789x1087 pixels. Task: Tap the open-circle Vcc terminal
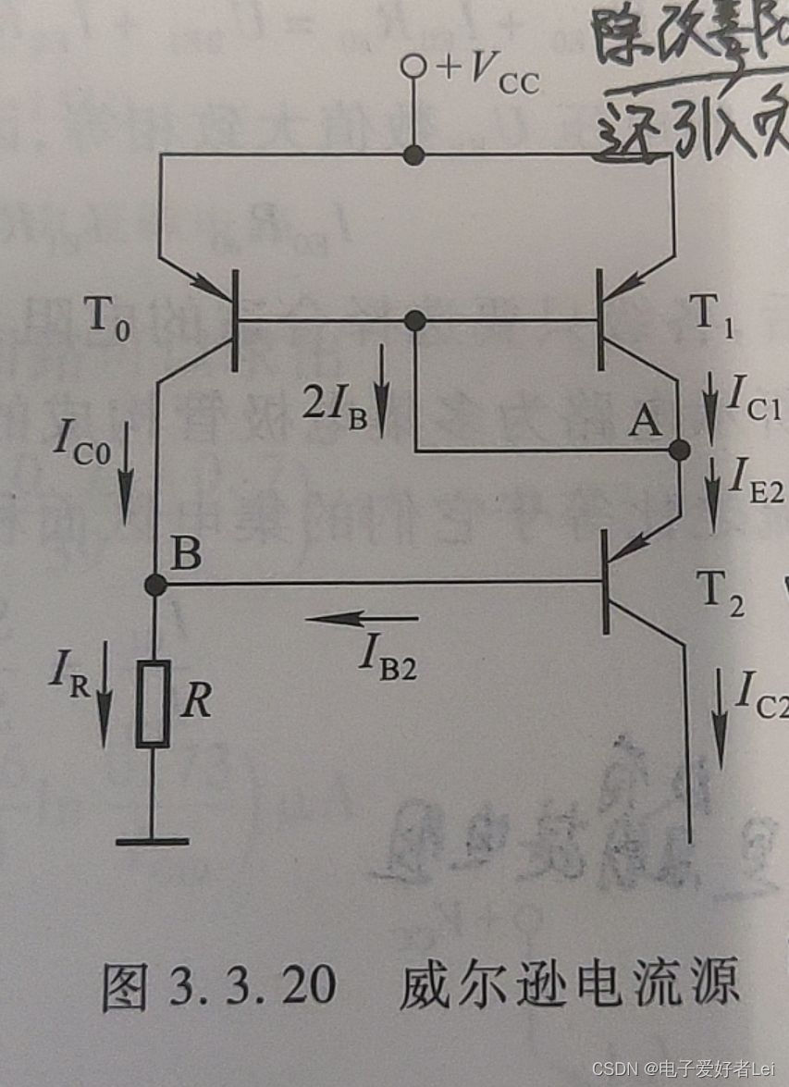click(415, 67)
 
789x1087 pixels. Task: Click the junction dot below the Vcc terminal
click(415, 155)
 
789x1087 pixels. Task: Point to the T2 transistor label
click(719, 587)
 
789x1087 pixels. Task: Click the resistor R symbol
click(153, 704)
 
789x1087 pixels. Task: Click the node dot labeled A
click(680, 451)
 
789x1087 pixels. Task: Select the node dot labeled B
click(156, 585)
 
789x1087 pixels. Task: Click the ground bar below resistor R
click(153, 840)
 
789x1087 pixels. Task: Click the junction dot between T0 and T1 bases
click(415, 321)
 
